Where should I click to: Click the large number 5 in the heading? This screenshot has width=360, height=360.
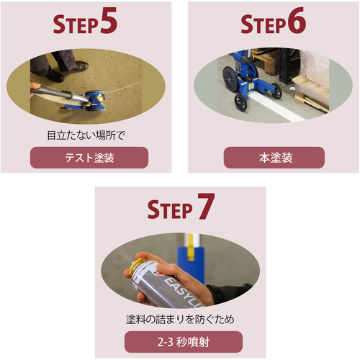(109, 20)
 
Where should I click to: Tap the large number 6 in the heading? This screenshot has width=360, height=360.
(297, 20)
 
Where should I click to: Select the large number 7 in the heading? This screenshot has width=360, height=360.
(207, 206)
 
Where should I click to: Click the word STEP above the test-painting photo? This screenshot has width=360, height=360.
(76, 24)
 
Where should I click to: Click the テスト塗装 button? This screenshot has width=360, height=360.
(89, 158)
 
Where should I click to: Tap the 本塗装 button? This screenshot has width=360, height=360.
(274, 158)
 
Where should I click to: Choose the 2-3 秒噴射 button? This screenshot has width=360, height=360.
(184, 342)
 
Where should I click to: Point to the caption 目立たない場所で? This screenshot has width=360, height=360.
(86, 135)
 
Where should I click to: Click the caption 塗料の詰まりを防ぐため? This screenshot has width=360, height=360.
(180, 320)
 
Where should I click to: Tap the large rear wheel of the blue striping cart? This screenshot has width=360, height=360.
(231, 78)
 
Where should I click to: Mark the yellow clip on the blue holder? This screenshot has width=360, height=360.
(191, 247)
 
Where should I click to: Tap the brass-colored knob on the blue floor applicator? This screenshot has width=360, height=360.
(102, 98)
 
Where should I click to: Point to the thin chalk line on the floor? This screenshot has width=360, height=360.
(122, 87)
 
